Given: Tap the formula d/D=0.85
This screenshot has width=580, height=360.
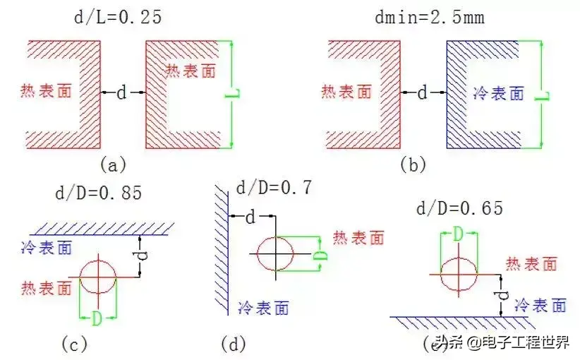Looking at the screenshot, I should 98,192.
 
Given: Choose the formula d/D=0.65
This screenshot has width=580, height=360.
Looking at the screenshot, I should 459,208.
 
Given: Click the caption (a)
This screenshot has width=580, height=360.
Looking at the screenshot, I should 113,165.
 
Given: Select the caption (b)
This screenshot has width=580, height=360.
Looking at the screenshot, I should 413,165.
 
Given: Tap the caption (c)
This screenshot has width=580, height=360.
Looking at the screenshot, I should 73,344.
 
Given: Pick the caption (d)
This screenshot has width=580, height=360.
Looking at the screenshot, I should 233,344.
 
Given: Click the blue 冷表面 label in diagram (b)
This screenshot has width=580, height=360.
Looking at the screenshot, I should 497,92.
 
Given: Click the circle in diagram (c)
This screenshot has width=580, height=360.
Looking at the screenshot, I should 98,277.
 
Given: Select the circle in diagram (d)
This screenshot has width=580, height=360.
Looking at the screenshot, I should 274,252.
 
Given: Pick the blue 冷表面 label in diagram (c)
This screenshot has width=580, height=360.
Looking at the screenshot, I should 49,248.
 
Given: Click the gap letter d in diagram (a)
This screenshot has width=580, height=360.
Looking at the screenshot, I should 121,92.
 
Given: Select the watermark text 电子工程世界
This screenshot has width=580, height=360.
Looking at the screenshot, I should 521,343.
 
